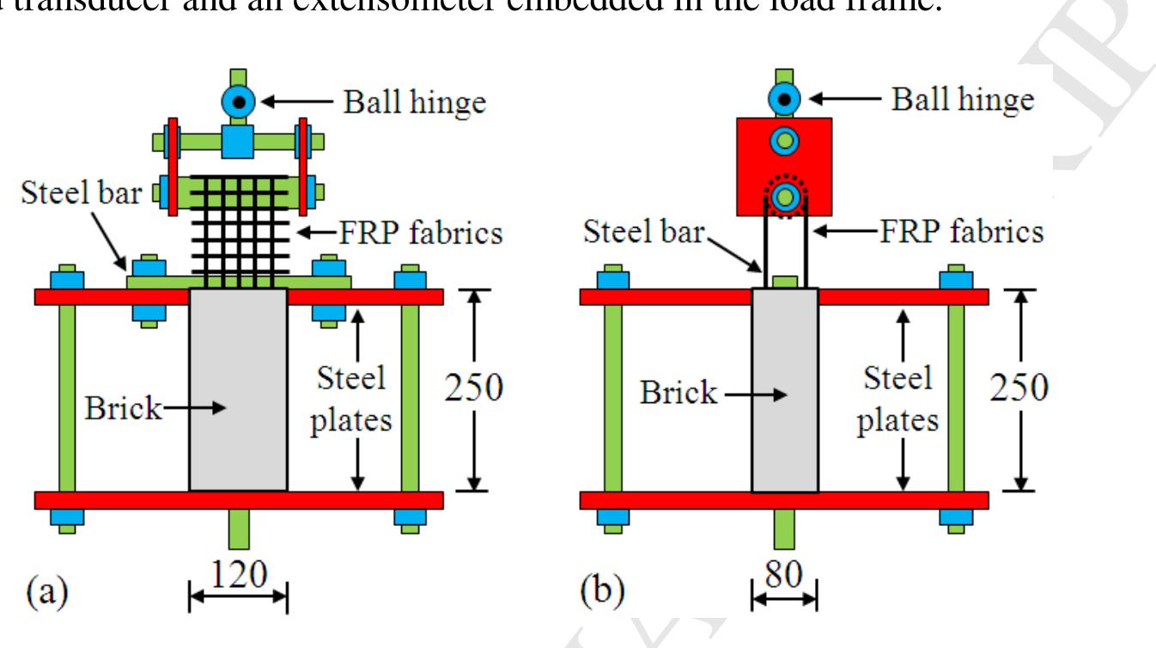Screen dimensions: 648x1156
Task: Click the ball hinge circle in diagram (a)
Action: (x=238, y=102)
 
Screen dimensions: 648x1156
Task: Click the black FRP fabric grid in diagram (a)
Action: (x=237, y=228)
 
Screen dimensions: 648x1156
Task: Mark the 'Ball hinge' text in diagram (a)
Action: (x=415, y=102)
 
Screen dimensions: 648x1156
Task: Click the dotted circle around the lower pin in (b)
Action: (x=784, y=199)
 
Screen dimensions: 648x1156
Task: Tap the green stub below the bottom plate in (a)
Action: (x=238, y=529)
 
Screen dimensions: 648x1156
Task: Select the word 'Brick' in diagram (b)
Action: (x=678, y=393)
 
